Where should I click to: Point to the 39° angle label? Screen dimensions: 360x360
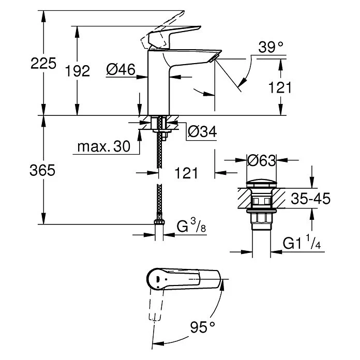[x=271, y=48]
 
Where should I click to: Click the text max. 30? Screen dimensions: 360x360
[x=104, y=147]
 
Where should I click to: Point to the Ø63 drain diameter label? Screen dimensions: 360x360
[x=261, y=161]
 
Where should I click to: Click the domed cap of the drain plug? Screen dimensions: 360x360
[x=261, y=183]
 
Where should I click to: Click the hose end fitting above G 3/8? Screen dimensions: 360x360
[x=160, y=223]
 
